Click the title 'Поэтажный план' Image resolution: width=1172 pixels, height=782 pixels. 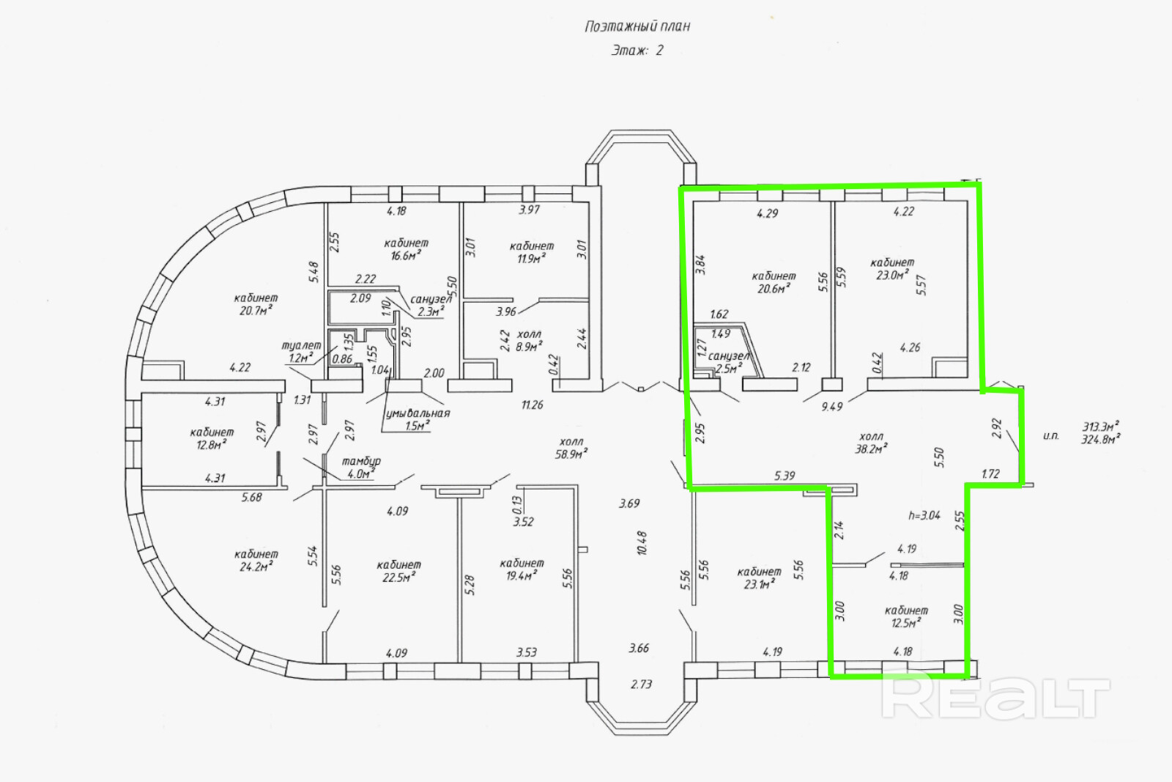click(x=637, y=26)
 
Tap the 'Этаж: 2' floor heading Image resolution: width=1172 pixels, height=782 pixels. click(x=637, y=51)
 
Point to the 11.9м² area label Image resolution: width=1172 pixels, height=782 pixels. click(x=531, y=259)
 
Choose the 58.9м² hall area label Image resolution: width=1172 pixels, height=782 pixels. click(x=571, y=454)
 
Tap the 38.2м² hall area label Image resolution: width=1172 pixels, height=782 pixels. click(x=872, y=449)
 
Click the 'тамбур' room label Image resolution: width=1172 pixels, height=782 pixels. click(x=361, y=461)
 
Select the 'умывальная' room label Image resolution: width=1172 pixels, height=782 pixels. click(x=418, y=413)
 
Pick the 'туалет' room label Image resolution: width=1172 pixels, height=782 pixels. click(x=301, y=345)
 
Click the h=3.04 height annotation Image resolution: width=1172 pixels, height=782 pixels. click(x=924, y=515)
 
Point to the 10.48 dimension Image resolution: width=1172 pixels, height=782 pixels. click(x=642, y=543)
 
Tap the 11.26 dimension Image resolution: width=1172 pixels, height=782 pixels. click(x=532, y=405)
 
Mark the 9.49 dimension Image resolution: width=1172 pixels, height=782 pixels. click(x=832, y=406)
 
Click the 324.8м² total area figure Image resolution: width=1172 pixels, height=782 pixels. click(x=1101, y=440)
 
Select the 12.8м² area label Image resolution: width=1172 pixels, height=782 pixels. click(x=211, y=445)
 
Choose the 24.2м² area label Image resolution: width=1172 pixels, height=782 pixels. click(x=256, y=567)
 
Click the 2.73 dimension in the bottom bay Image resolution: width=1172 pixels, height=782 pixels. click(x=641, y=684)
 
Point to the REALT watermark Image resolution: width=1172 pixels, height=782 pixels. click(x=996, y=698)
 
